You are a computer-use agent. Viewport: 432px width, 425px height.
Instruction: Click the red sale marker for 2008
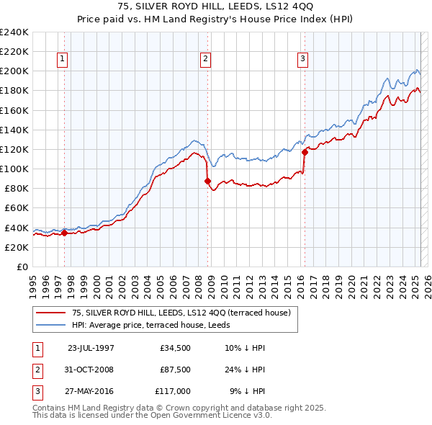click(207, 181)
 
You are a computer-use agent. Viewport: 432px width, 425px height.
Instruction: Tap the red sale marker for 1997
click(64, 233)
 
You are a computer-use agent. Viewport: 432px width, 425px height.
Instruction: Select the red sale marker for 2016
click(305, 152)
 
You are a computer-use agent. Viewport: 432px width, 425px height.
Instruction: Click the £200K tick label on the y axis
click(14, 71)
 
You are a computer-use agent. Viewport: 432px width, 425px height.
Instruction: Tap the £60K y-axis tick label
click(17, 208)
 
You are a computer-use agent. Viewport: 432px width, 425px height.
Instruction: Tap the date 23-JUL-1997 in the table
click(91, 348)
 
